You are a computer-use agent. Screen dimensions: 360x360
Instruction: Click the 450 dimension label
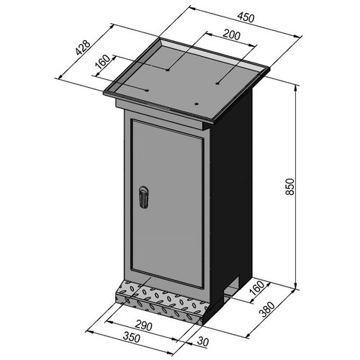246,17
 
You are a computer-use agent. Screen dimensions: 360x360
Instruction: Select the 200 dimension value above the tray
231,35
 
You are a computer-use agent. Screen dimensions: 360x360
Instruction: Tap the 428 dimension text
83,48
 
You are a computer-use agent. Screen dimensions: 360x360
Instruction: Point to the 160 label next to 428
102,62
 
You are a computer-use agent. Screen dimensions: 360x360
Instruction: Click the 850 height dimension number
289,186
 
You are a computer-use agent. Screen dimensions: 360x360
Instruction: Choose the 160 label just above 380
256,288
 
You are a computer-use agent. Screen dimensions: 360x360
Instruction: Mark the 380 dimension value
267,310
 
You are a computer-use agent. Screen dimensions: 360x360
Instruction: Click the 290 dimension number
143,325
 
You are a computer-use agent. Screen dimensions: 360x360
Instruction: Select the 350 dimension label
131,338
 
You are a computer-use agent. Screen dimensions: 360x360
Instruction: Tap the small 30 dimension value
202,342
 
